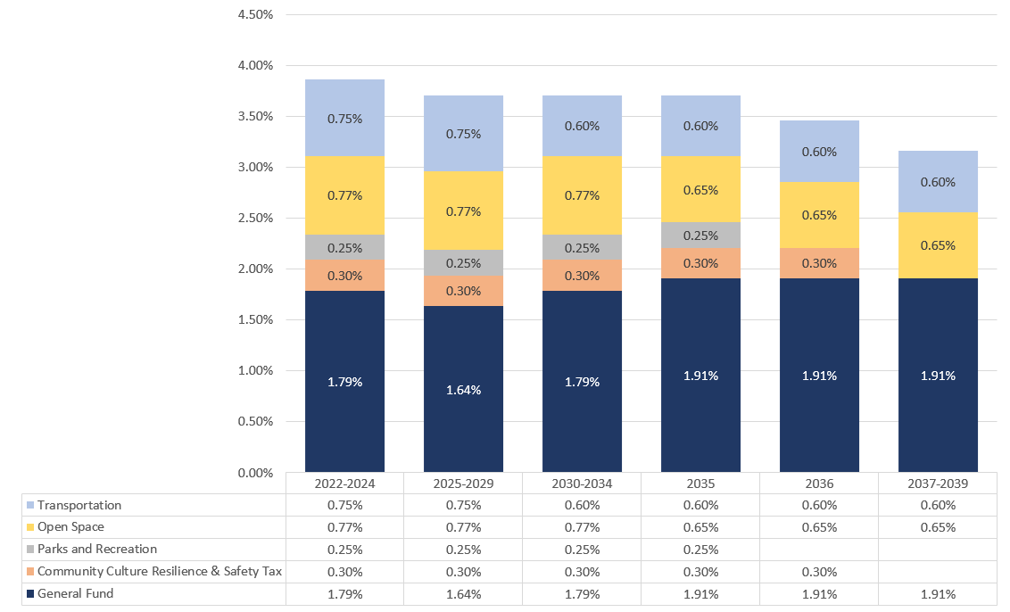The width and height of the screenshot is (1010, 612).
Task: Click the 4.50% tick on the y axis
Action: (x=254, y=15)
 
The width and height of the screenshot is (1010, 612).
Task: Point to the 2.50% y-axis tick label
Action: (x=254, y=219)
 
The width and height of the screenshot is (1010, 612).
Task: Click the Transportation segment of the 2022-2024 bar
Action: (x=344, y=118)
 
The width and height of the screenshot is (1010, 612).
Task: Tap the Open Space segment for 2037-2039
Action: (x=938, y=245)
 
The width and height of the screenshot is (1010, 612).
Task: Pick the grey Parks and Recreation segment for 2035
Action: (x=700, y=236)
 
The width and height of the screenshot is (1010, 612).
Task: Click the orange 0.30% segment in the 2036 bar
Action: (x=819, y=263)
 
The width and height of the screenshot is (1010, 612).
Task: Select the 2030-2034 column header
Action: (x=582, y=484)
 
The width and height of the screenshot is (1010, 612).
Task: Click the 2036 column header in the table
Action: (x=819, y=484)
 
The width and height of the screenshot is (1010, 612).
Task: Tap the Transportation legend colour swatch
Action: (x=30, y=506)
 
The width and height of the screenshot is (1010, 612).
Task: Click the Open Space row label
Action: (x=70, y=527)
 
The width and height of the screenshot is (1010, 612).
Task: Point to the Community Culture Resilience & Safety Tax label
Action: (x=160, y=572)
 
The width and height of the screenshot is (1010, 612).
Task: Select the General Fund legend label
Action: (x=75, y=594)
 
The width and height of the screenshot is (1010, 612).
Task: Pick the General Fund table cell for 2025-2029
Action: (x=463, y=594)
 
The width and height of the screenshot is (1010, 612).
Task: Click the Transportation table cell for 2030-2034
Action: (x=582, y=506)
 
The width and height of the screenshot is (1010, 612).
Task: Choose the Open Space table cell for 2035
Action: (x=700, y=527)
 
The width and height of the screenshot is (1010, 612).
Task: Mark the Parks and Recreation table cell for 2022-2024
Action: (x=344, y=550)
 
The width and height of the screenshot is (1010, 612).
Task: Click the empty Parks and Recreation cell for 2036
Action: (x=819, y=550)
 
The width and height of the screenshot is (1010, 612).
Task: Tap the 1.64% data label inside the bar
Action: (x=463, y=389)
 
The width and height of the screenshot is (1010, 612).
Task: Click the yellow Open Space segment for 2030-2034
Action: (x=582, y=195)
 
